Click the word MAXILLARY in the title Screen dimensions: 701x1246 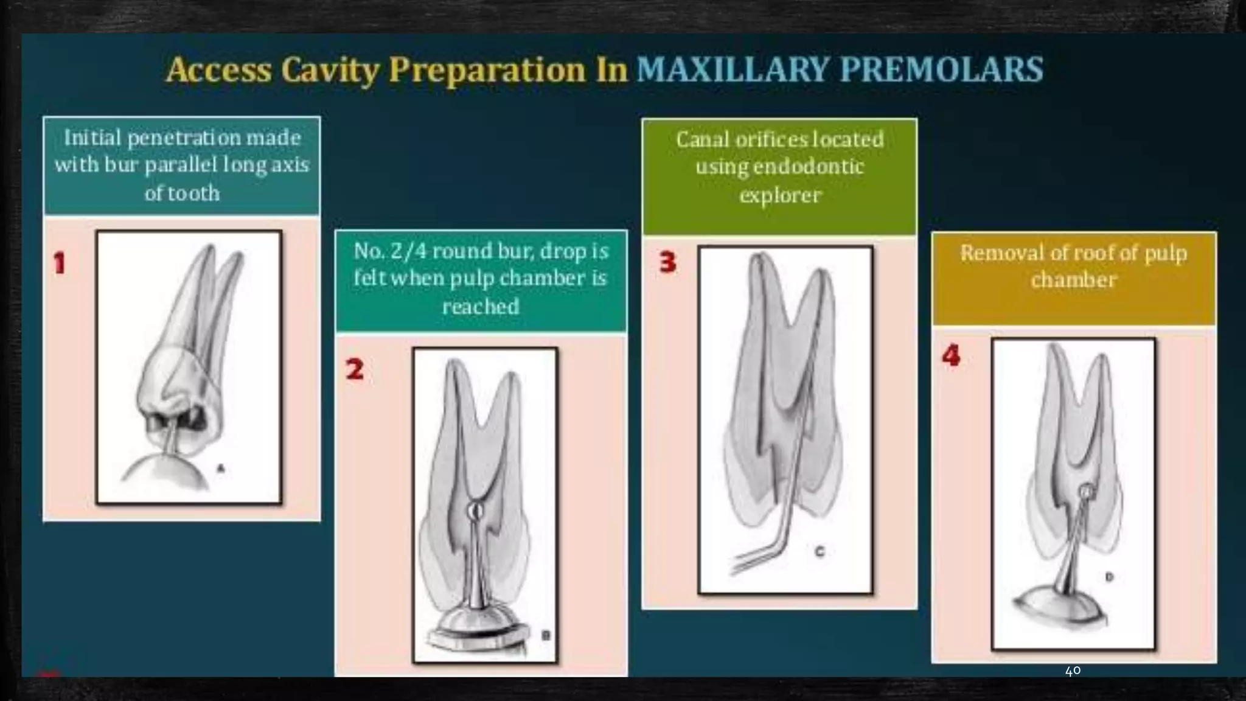[x=732, y=69]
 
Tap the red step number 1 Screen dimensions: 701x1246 [x=59, y=263]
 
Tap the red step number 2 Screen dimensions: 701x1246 [x=355, y=369]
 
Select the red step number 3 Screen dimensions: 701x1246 [x=667, y=262]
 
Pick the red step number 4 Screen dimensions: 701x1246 [x=951, y=355]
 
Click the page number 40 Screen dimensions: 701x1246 [x=1073, y=671]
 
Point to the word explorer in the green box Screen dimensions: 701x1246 [x=780, y=195]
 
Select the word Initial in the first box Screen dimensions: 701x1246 [x=92, y=138]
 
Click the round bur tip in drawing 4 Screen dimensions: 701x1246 [x=1085, y=491]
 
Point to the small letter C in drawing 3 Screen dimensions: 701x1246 [x=820, y=551]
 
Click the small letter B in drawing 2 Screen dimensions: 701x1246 [x=546, y=635]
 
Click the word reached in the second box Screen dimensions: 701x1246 [x=481, y=307]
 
